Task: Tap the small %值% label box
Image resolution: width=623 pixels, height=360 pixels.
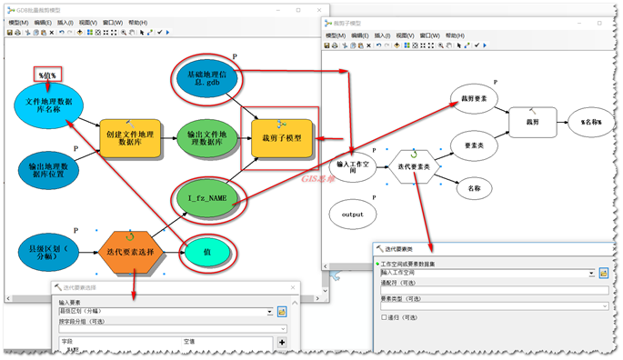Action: click(46, 75)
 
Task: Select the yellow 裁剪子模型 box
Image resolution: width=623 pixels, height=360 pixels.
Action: click(280, 137)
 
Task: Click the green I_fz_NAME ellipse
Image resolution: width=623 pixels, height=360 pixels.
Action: click(207, 196)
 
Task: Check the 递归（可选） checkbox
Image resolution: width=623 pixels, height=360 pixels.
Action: click(382, 317)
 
